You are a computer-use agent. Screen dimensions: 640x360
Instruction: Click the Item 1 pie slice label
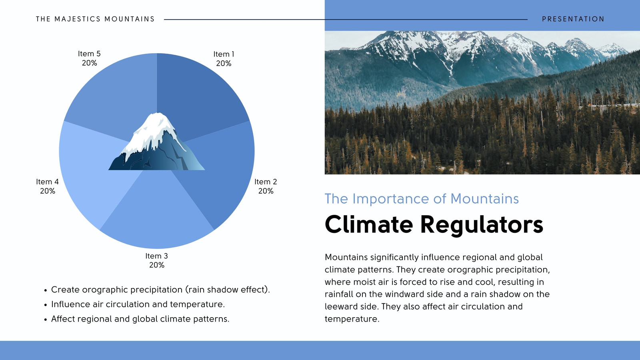click(x=224, y=58)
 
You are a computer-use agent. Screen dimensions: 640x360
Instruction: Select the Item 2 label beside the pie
click(x=266, y=186)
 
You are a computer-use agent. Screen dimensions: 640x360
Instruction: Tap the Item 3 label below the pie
click(x=156, y=260)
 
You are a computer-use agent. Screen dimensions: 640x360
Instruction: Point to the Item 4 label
click(x=48, y=186)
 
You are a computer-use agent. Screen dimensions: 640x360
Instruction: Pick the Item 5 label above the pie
click(x=89, y=58)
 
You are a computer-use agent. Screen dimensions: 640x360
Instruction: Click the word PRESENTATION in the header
click(x=573, y=19)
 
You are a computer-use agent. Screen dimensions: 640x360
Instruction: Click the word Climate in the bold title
click(x=369, y=224)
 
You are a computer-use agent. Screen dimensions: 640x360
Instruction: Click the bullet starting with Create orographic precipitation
click(x=157, y=290)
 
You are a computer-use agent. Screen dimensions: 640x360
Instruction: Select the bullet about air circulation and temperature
click(x=134, y=304)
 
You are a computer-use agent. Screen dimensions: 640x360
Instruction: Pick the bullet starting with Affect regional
click(x=137, y=319)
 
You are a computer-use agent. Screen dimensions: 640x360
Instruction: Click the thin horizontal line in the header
click(x=346, y=20)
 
